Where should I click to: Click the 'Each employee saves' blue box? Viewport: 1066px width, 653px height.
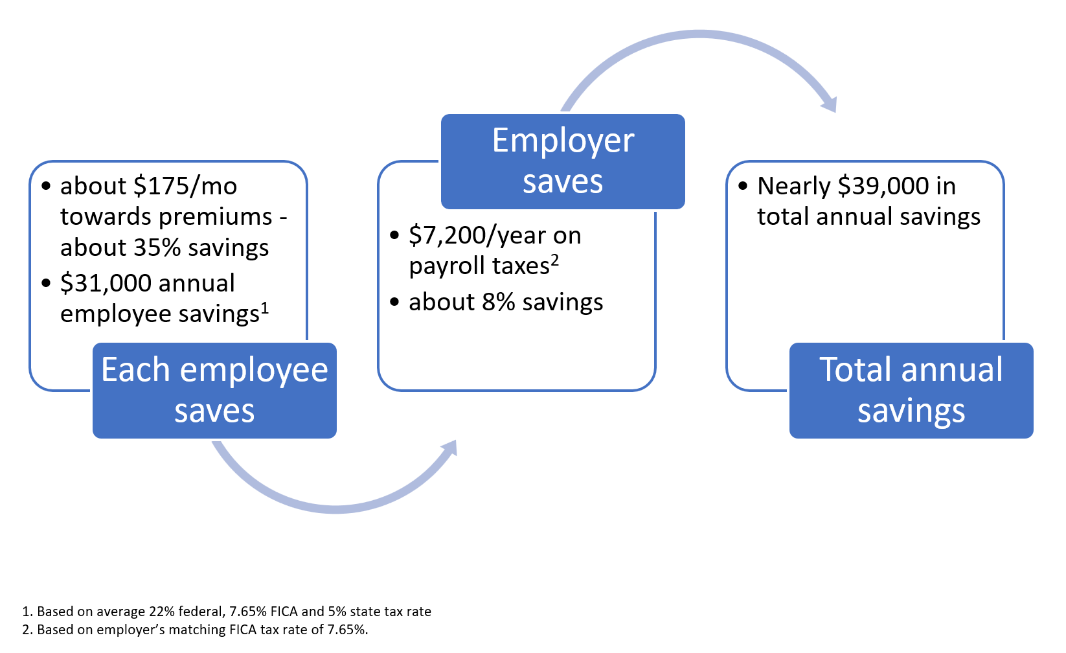click(x=214, y=390)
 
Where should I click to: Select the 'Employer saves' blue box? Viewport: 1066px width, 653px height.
click(x=563, y=161)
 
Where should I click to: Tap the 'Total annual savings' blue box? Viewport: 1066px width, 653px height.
click(x=911, y=390)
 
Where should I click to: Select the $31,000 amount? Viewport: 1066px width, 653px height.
click(x=106, y=283)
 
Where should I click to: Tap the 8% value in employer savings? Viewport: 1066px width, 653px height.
click(x=498, y=303)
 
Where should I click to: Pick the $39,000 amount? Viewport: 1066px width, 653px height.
click(x=883, y=187)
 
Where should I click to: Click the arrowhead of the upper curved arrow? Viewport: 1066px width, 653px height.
click(x=828, y=104)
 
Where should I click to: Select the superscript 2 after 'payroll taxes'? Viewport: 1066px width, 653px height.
click(x=555, y=259)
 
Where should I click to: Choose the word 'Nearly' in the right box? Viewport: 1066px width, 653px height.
click(x=793, y=187)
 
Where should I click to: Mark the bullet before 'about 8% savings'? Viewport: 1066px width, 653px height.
click(x=394, y=303)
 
